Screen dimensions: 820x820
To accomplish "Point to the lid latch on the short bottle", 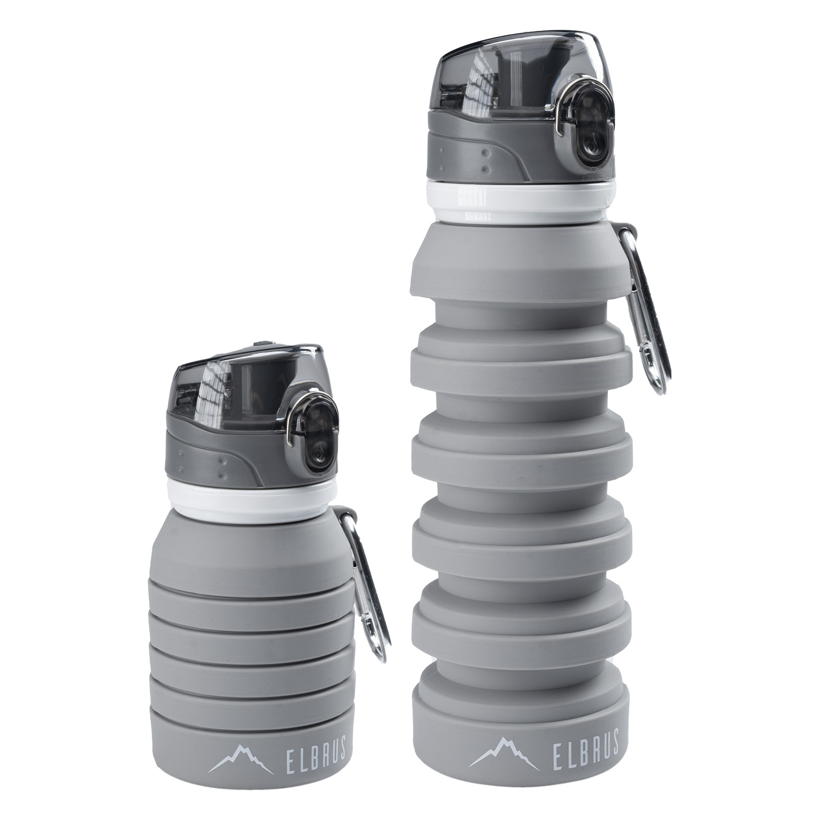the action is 313,430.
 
